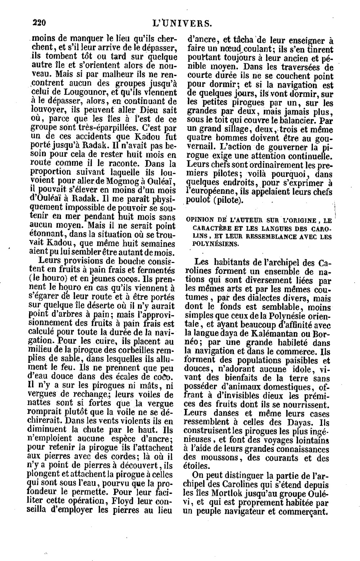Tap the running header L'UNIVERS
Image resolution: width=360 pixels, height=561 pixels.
(x=182, y=24)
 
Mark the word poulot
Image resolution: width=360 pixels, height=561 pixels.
(x=197, y=200)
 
